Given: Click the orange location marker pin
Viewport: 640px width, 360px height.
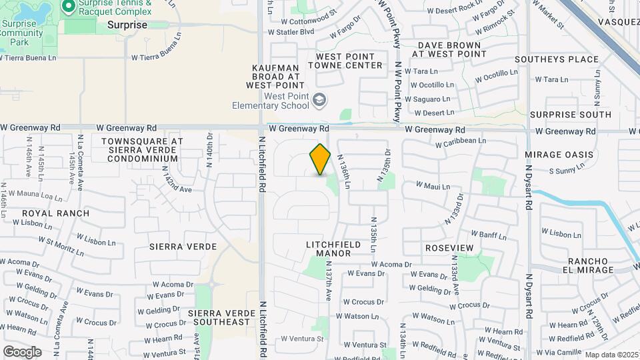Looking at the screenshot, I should (x=320, y=159).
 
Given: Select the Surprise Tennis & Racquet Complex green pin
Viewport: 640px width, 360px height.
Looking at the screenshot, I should (x=68, y=6).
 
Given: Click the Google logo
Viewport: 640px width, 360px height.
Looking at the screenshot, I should (x=22, y=351).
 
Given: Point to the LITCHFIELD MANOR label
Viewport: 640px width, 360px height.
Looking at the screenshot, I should (x=333, y=249).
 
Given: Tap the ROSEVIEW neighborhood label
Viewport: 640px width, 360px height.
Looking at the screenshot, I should (x=449, y=248).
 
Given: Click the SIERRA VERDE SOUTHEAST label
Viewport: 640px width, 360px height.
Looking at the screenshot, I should (x=219, y=317).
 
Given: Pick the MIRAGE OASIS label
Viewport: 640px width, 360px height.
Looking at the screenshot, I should (x=559, y=155).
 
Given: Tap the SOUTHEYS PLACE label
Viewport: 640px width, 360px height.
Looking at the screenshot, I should (x=566, y=59).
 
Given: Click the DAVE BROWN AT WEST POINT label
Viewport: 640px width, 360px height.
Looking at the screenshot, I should (x=449, y=49).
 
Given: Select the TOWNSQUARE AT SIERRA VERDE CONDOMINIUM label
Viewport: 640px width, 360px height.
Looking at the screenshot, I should (x=142, y=150).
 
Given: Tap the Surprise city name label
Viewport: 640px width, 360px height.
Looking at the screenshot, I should (x=127, y=25).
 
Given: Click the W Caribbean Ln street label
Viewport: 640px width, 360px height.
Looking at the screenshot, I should (x=461, y=141).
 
